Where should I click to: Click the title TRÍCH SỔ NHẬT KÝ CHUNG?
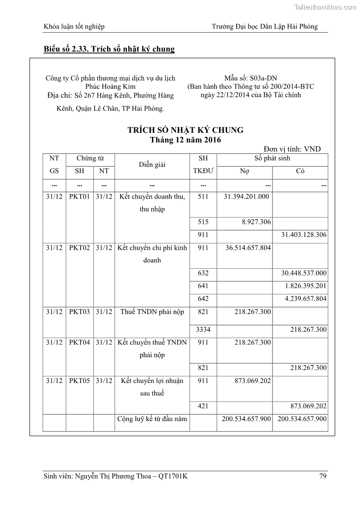[x=185, y=130]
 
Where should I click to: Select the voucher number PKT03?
[x=79, y=312]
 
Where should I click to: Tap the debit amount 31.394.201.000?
[x=247, y=197]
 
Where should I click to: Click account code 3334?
[x=203, y=330]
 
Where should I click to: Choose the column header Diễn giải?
[x=152, y=165]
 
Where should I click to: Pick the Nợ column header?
[x=244, y=171]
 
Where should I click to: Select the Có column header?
[x=300, y=171]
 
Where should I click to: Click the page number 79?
[x=323, y=476]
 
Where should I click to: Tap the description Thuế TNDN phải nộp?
[x=152, y=312]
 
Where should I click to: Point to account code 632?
[x=203, y=273]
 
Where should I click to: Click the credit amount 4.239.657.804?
[x=306, y=299]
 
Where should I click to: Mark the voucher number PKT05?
[x=79, y=381]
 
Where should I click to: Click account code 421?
[x=203, y=406]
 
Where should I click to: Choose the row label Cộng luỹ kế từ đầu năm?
[x=152, y=419]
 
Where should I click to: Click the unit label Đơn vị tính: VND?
[x=292, y=149]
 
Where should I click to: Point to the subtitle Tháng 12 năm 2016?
[x=185, y=140]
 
